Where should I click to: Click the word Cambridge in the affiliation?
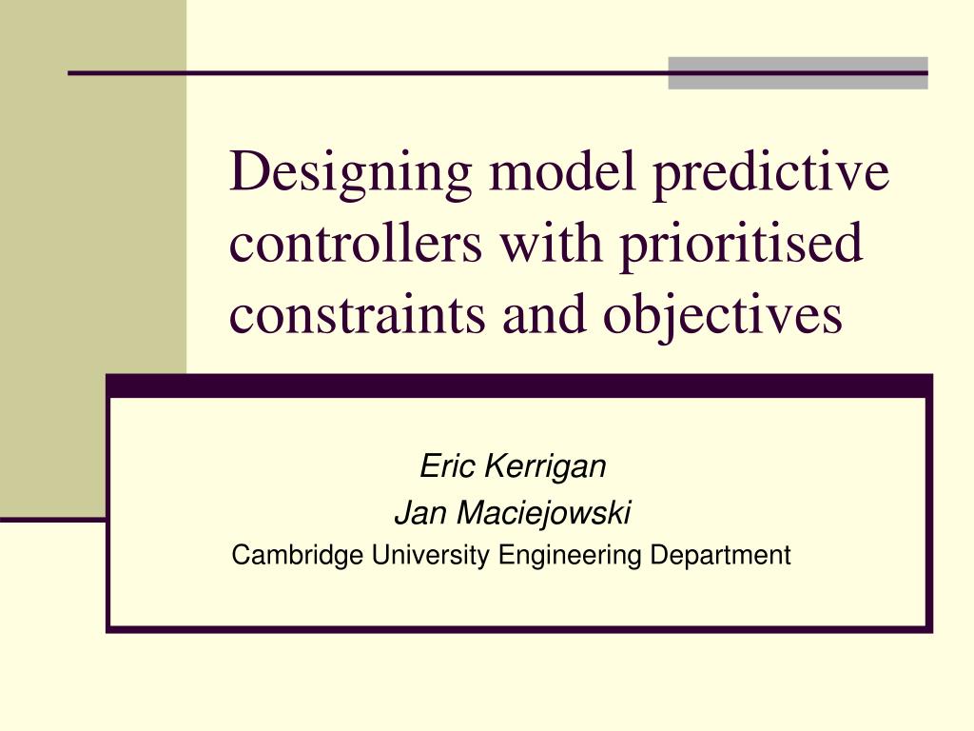(x=298, y=555)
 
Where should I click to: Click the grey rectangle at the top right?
(x=797, y=73)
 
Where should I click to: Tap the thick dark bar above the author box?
(x=518, y=385)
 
